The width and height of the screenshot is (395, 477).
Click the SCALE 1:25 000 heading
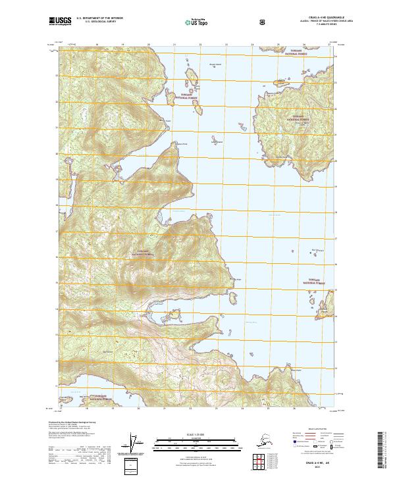pyautogui.click(x=197, y=433)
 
